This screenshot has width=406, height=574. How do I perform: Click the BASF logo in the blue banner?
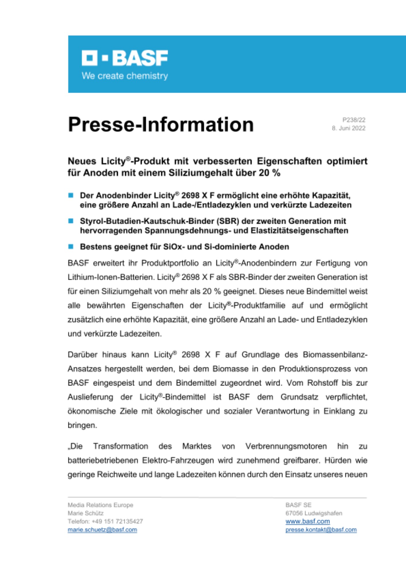(125, 58)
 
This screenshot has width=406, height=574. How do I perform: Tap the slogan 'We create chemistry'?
(125, 76)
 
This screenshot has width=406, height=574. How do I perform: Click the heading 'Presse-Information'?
(161, 125)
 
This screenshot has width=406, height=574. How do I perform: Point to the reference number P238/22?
(354, 120)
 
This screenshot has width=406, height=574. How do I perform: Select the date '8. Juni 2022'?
(349, 128)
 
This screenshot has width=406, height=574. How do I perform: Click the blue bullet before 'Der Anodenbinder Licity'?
(71, 195)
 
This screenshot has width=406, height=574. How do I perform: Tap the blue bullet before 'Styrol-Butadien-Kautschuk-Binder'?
(71, 221)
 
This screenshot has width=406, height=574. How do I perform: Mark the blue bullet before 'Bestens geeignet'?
(71, 247)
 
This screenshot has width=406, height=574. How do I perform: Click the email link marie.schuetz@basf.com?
(102, 530)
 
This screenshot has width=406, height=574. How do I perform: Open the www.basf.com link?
(308, 521)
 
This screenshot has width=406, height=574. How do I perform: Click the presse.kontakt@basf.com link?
(321, 530)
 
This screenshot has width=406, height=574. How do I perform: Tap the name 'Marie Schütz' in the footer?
(86, 513)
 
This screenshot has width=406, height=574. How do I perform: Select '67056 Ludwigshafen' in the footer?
(314, 513)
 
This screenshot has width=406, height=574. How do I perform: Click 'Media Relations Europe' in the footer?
(100, 505)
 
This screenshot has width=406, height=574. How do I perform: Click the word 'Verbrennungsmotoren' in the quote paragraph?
(286, 446)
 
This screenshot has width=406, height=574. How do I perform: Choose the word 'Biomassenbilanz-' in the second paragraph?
(335, 355)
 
